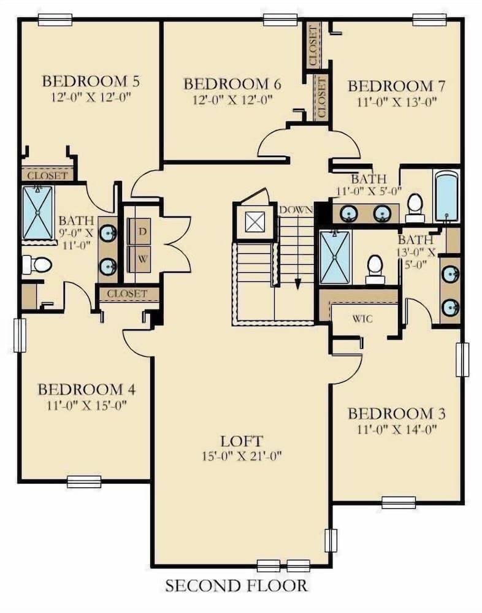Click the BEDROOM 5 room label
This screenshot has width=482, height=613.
91,81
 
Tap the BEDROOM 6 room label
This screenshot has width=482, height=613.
228,83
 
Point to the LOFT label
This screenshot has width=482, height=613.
242,441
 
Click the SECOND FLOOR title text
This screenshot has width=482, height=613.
236,585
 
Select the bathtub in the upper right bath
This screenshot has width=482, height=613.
446,196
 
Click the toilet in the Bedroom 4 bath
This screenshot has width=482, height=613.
38,264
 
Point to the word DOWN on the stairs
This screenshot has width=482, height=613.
296,210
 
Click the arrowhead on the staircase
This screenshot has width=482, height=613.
297,284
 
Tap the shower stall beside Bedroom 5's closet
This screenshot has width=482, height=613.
38,213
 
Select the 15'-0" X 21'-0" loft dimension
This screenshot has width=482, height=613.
242,456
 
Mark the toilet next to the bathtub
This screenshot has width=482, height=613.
415,207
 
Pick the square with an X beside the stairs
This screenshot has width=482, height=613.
254,222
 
